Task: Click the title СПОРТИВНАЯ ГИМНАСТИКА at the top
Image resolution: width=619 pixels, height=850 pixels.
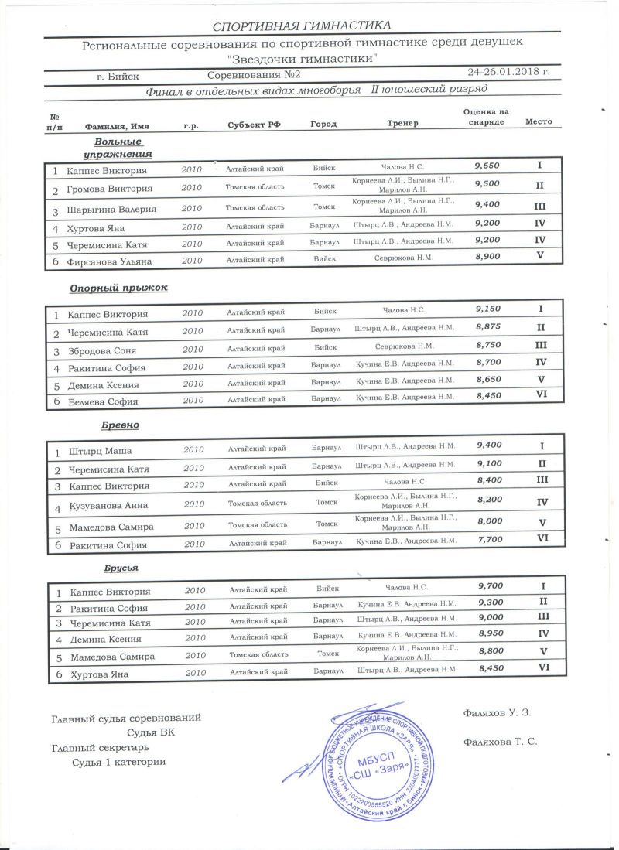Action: [302, 26]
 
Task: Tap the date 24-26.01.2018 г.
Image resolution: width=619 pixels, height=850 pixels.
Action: [508, 73]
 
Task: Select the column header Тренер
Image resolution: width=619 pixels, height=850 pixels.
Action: [402, 124]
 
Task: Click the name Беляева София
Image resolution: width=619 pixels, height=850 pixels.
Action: [103, 401]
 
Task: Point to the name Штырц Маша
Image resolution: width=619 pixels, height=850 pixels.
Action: [101, 451]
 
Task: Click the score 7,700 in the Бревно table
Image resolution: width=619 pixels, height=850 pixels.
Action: [490, 540]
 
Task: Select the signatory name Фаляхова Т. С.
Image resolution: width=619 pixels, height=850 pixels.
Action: [499, 741]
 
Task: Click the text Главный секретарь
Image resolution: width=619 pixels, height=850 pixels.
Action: [100, 748]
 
